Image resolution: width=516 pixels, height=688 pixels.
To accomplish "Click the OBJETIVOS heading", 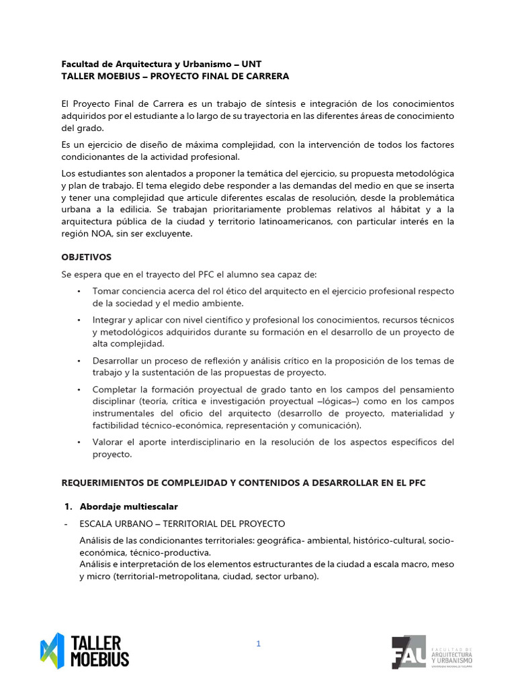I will point(86,257).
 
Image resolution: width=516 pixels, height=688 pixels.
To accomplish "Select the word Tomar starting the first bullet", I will point(105,291).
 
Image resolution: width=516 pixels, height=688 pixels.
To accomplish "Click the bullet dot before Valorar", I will point(79,442).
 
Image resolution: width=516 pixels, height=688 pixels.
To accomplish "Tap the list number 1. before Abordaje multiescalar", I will point(67,506).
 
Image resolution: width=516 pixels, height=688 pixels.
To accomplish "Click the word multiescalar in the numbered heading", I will point(151,506).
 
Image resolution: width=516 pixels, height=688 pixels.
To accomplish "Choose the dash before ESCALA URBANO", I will point(64,523).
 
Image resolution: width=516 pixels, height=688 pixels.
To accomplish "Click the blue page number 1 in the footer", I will point(258,644).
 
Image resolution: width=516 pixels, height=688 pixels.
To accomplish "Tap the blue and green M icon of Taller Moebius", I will point(52,651).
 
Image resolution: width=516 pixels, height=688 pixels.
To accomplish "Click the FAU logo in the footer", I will point(408,652).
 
